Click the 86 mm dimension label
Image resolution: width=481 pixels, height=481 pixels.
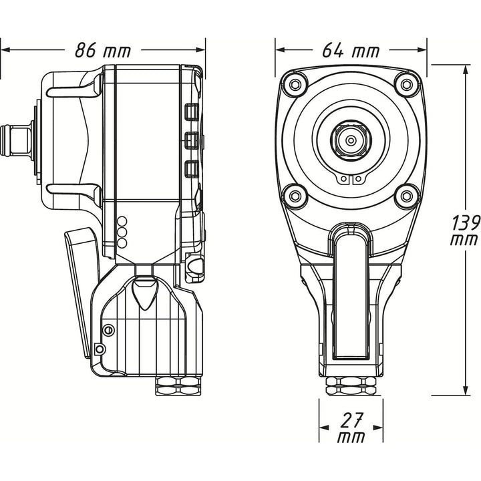tap(102, 49)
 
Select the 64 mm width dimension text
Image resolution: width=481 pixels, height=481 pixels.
tap(351, 49)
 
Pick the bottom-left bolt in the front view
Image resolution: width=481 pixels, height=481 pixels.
tap(294, 195)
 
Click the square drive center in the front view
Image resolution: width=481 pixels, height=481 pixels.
tap(349, 140)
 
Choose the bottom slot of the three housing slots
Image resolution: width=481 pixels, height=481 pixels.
tap(192, 168)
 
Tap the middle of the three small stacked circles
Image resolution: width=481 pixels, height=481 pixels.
tap(122, 232)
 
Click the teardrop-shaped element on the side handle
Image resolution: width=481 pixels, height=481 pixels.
tap(144, 293)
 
